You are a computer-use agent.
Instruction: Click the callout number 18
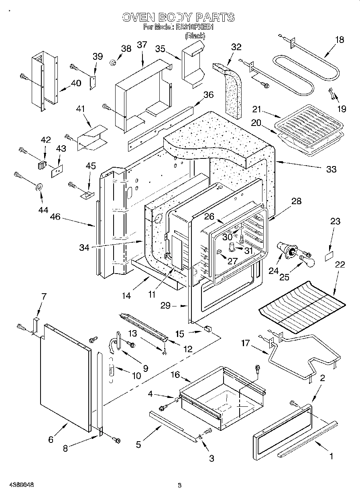[x=340, y=39]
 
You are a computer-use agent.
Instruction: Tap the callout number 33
[x=331, y=169]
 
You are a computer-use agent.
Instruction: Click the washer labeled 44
[x=40, y=187]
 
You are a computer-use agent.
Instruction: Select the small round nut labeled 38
[x=114, y=63]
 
